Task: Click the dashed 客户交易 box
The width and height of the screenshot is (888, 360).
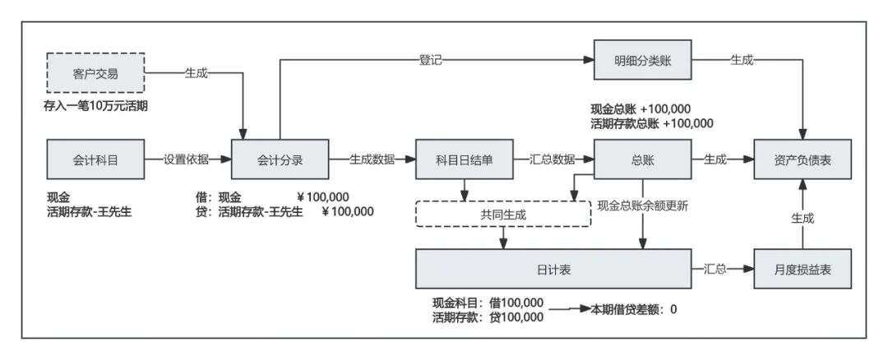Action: pyautogui.click(x=96, y=73)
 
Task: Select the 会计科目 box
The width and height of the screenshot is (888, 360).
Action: pyautogui.click(x=96, y=159)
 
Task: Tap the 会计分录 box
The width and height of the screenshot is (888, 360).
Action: pyautogui.click(x=280, y=159)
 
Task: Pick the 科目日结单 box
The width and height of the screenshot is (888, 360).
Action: pyautogui.click(x=465, y=159)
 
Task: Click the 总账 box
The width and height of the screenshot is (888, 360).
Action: pyautogui.click(x=642, y=159)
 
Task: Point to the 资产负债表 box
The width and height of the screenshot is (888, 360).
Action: pyautogui.click(x=803, y=159)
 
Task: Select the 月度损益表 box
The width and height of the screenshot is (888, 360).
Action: pyautogui.click(x=803, y=269)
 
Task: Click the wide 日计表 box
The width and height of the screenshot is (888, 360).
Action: pyautogui.click(x=553, y=269)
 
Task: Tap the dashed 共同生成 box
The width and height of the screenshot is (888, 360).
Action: pyautogui.click(x=503, y=214)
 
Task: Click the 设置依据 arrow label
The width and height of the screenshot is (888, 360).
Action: pyautogui.click(x=186, y=159)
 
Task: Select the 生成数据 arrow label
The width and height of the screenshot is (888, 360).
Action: pyautogui.click(x=372, y=159)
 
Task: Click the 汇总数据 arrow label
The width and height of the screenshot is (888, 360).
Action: pyautogui.click(x=552, y=159)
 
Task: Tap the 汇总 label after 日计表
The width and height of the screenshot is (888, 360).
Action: pyautogui.click(x=715, y=269)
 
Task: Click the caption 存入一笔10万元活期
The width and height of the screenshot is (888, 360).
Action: pyautogui.click(x=95, y=106)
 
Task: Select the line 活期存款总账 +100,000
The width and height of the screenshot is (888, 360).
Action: pyautogui.click(x=651, y=124)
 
